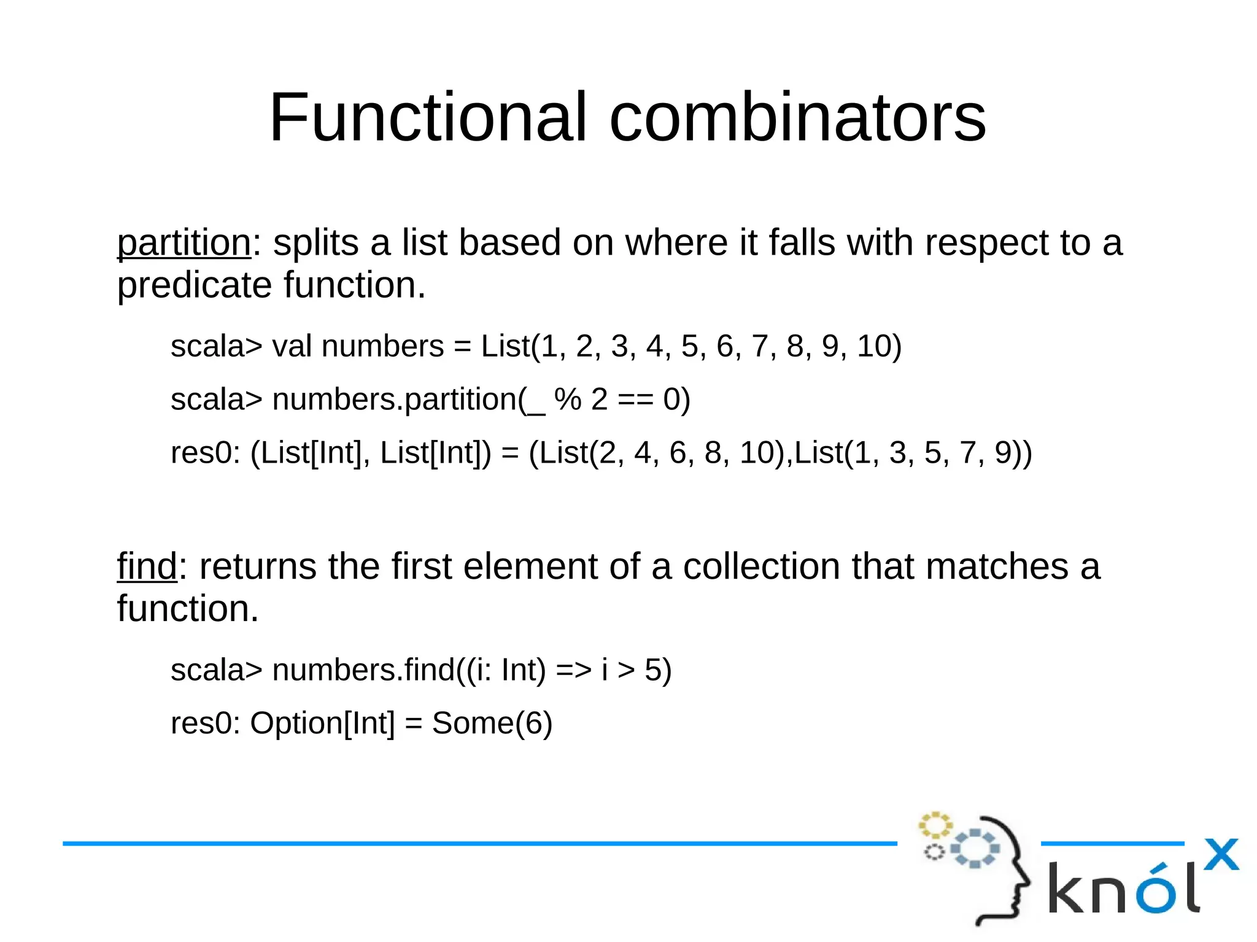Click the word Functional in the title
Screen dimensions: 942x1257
pyautogui.click(x=428, y=117)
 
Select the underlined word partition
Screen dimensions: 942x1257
pyautogui.click(x=184, y=243)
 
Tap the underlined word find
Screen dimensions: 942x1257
pyautogui.click(x=147, y=566)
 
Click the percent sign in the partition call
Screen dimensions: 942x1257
pyautogui.click(x=567, y=400)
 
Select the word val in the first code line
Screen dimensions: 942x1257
pyautogui.click(x=292, y=346)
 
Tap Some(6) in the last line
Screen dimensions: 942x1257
pyautogui.click(x=492, y=723)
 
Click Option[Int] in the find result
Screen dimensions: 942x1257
pyautogui.click(x=322, y=723)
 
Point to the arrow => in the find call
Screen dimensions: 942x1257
pyautogui.click(x=573, y=670)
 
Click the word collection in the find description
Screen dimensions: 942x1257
pyautogui.click(x=762, y=566)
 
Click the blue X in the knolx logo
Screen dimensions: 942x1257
pyautogui.click(x=1221, y=854)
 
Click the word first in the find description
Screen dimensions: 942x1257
pyautogui.click(x=421, y=566)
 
